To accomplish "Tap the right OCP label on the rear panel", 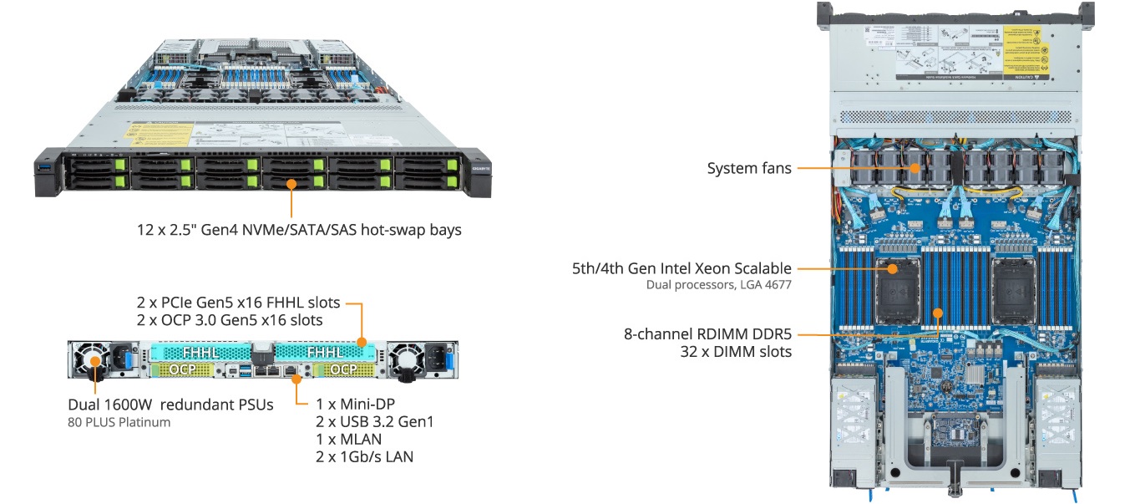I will pyautogui.click(x=342, y=369).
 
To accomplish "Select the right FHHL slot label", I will pyautogui.click(x=324, y=353).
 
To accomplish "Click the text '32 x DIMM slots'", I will pyautogui.click(x=736, y=352).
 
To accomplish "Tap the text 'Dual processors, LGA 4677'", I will pyautogui.click(x=718, y=285).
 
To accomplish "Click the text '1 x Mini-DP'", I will pyautogui.click(x=354, y=403).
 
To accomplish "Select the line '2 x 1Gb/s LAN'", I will pyautogui.click(x=364, y=456).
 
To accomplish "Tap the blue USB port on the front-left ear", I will pyautogui.click(x=47, y=171).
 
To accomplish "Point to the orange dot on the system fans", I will pyautogui.click(x=915, y=168).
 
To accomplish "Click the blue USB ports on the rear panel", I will pyautogui.click(x=244, y=369).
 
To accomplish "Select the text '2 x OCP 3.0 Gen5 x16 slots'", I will pyautogui.click(x=230, y=319).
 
